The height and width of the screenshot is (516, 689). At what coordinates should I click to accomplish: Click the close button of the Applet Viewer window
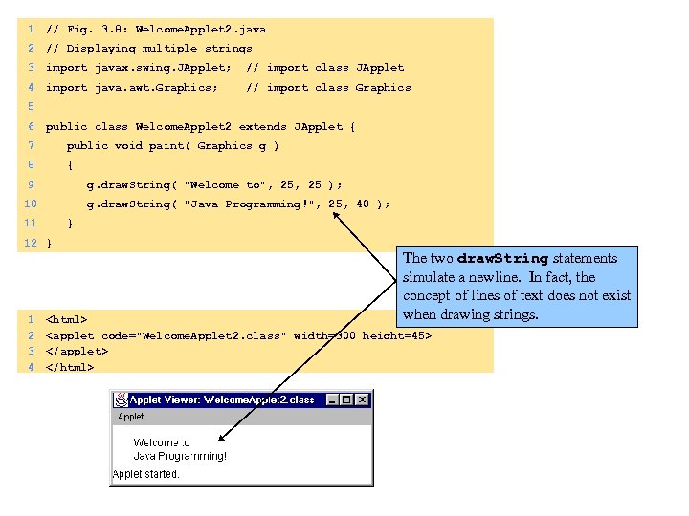point(362,399)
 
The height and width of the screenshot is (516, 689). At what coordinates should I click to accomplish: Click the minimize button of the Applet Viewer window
point(332,399)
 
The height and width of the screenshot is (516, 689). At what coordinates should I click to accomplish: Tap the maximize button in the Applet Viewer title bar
point(346,399)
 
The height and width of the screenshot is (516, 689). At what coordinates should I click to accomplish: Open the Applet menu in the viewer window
point(130,417)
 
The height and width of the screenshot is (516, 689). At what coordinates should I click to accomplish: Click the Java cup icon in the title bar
point(121,399)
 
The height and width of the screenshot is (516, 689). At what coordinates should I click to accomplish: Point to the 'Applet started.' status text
point(145,474)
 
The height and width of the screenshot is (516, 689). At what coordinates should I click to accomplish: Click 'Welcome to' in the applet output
point(161,442)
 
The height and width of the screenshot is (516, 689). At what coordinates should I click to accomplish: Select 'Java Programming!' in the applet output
point(180,456)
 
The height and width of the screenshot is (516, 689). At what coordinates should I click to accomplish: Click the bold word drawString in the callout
point(502,258)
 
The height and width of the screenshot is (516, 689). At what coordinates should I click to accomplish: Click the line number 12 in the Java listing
point(30,243)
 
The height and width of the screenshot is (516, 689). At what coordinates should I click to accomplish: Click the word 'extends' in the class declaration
point(263,126)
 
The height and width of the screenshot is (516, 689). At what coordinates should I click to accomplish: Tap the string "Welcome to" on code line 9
point(227,184)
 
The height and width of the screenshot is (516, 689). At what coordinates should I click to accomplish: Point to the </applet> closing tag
point(77,351)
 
